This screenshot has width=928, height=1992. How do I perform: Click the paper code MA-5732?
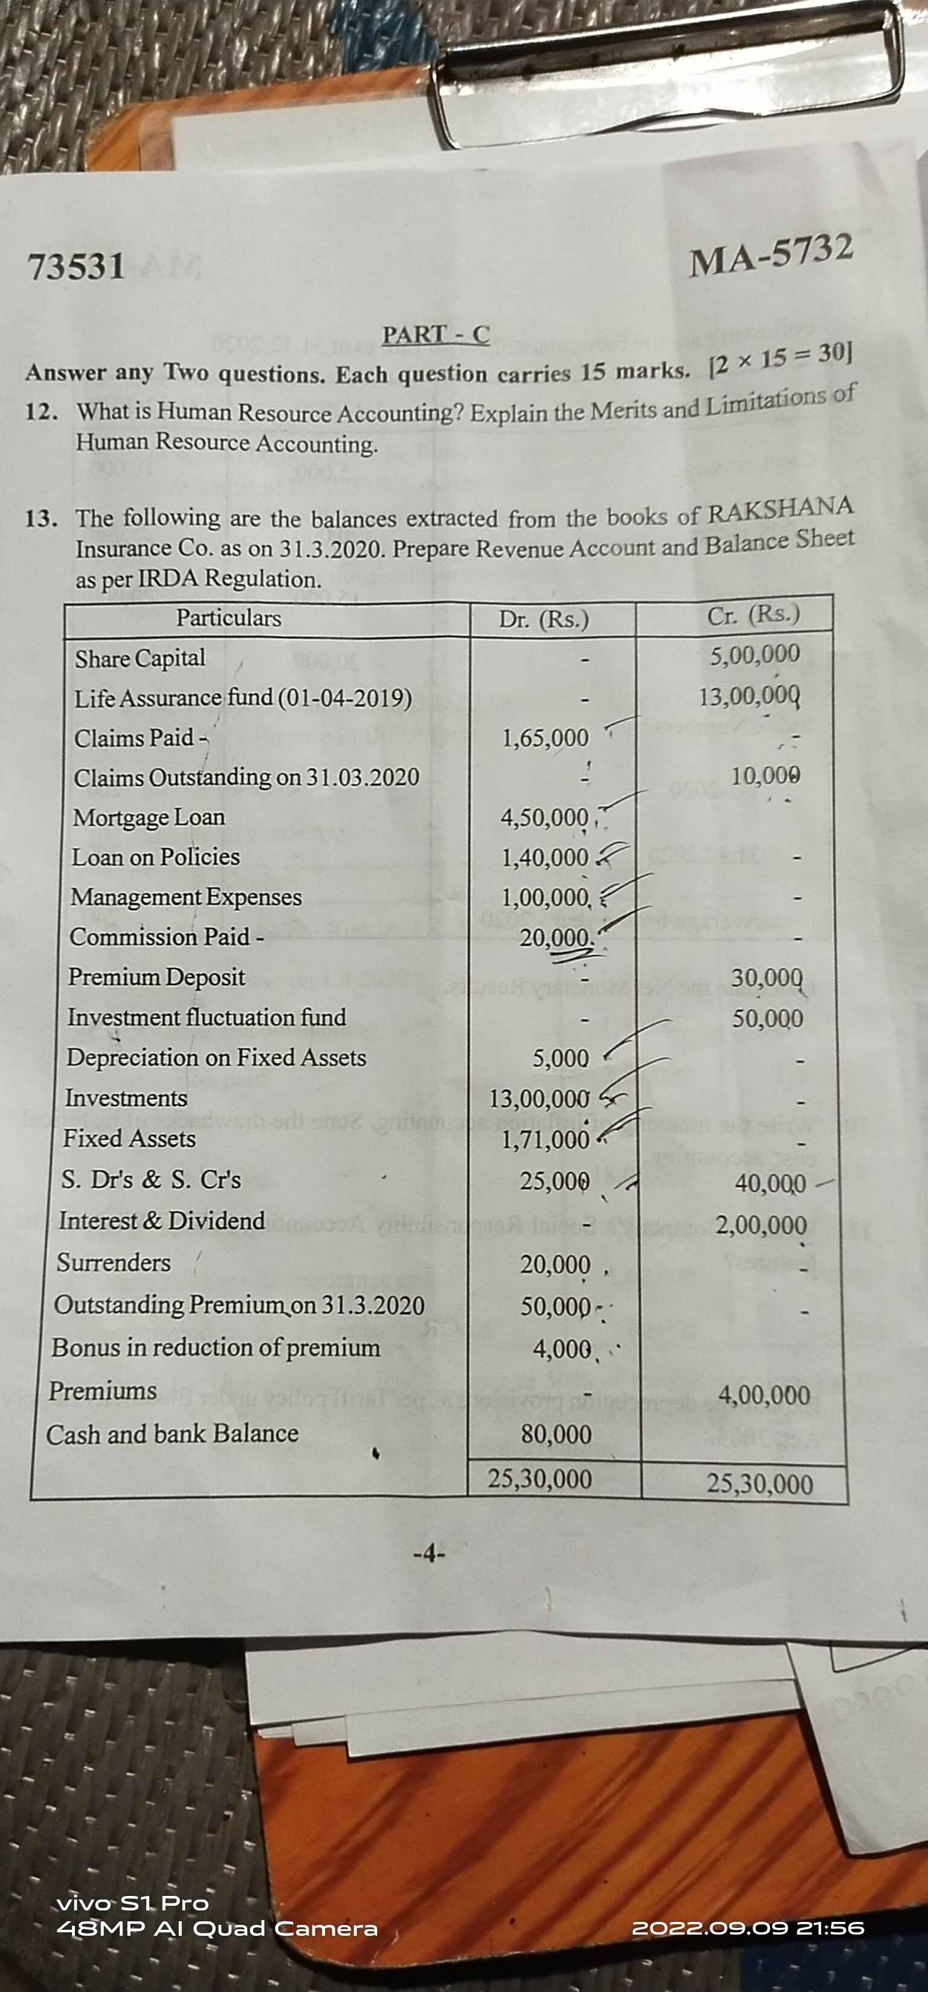coord(772,255)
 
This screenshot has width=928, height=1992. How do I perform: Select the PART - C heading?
coord(436,335)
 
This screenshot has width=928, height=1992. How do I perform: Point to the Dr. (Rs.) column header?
coord(544,619)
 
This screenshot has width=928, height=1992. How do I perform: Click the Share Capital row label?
coord(140,658)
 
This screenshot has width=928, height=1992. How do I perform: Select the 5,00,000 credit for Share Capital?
coord(755,654)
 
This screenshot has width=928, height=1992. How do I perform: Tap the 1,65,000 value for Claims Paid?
coord(545,738)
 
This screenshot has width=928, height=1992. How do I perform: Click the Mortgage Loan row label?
coord(149,817)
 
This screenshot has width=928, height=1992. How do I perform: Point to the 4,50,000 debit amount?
coord(544,817)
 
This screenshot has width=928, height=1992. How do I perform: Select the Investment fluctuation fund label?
coord(207,1018)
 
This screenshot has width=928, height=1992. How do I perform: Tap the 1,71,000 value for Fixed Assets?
coord(545,1139)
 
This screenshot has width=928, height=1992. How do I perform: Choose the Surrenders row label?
coord(114,1263)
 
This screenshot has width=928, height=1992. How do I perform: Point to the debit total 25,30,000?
coord(540,1479)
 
